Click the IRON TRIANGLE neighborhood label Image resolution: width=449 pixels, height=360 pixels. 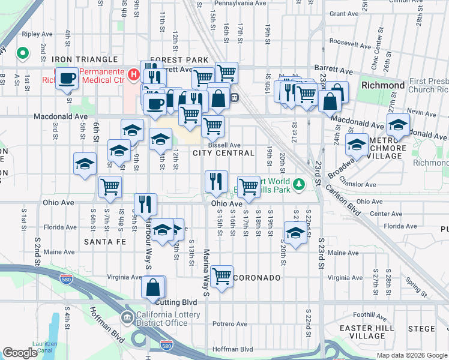(x=84, y=59)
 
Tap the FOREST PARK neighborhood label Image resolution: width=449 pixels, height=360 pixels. (x=179, y=60)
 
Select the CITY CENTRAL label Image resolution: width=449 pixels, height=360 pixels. (x=224, y=153)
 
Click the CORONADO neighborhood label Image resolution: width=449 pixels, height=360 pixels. (x=257, y=278)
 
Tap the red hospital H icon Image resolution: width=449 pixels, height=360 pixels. (x=134, y=76)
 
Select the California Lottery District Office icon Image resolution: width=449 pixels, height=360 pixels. (x=128, y=318)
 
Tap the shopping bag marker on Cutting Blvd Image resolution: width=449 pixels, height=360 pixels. (x=154, y=287)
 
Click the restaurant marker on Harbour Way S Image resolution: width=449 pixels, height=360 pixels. (x=145, y=204)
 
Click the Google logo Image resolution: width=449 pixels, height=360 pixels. (x=20, y=353)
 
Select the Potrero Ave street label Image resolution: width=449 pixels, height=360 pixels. (x=229, y=324)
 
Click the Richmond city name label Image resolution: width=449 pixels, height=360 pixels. (x=383, y=85)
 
